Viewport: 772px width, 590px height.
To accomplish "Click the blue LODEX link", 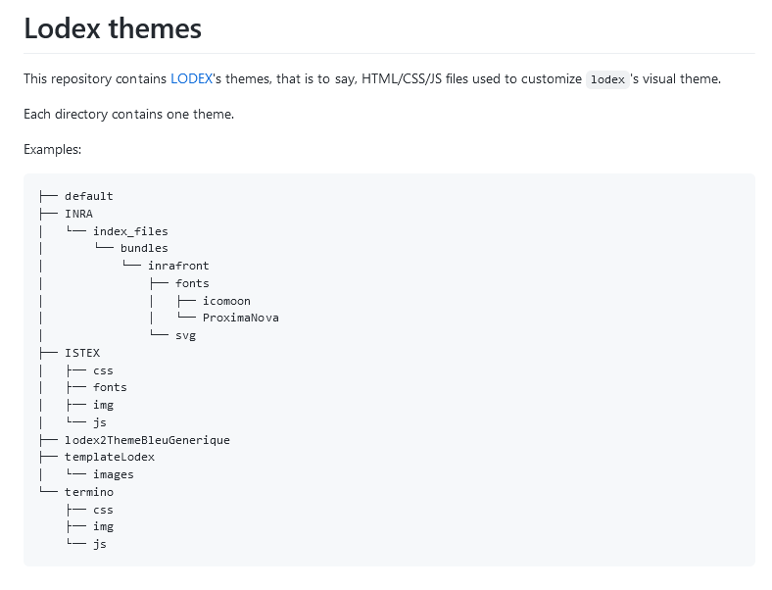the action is coord(191,78).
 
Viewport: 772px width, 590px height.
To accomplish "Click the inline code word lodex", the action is coord(607,79).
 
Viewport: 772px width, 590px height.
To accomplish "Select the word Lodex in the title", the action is coord(62,28).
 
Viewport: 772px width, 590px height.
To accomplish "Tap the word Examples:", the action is coord(53,149).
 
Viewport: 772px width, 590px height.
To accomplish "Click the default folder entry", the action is coord(88,196).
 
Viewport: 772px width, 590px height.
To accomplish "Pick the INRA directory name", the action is coord(78,214).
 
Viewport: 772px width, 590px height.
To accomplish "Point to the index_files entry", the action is coord(130,231).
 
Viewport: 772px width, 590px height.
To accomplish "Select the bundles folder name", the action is coord(144,248).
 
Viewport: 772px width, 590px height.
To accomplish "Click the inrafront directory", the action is coord(178,266).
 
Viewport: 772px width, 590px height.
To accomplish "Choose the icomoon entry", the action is coord(226,301).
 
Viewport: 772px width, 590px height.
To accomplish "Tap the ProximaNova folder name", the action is coord(241,318).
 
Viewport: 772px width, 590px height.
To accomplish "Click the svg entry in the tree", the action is coord(185,336).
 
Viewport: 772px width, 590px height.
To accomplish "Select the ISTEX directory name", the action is coord(82,353).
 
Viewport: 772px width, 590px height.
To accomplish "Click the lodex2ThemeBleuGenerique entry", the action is coord(147,440).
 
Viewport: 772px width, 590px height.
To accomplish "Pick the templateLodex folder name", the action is coord(110,457).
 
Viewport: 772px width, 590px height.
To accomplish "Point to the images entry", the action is coord(114,474).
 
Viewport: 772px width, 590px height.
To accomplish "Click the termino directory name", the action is coord(89,492).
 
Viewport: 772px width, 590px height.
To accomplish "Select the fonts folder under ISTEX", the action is coord(110,387).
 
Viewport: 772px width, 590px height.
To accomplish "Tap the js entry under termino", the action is coord(100,544).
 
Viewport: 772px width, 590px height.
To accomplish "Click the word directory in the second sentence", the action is coord(81,115).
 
